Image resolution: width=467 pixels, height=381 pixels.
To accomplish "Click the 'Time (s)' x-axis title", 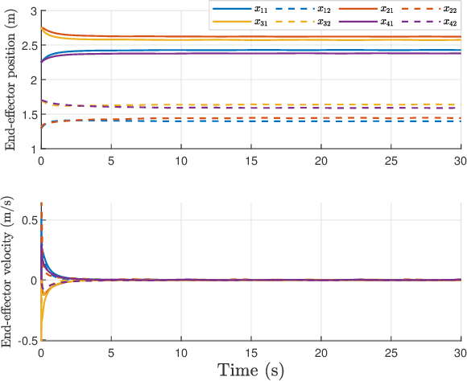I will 250,371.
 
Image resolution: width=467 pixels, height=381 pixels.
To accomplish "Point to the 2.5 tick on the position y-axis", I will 30,45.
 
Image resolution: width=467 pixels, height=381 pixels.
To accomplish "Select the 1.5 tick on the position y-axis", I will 30,114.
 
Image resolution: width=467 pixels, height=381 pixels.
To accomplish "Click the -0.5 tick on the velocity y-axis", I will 27,340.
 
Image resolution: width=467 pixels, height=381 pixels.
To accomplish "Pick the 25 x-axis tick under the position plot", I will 391,161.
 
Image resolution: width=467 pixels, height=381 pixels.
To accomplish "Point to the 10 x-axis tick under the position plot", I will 180,161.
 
